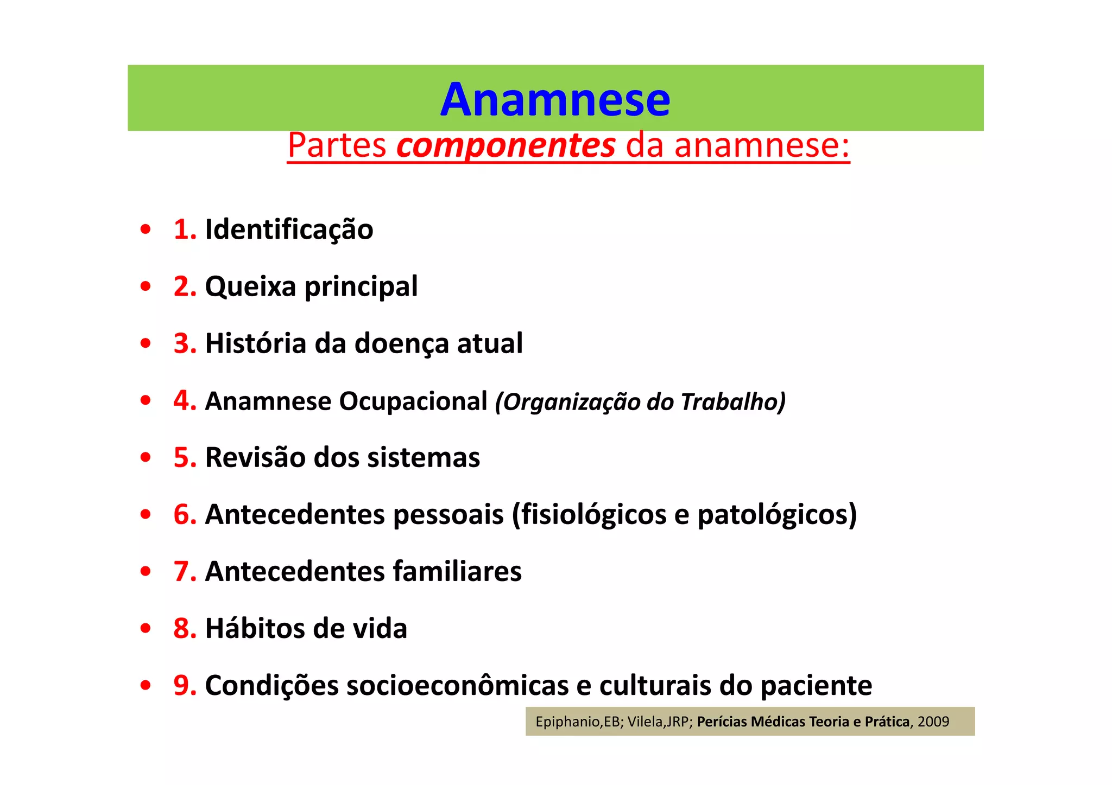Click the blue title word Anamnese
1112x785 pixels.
coord(555,100)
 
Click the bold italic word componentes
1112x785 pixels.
coord(506,145)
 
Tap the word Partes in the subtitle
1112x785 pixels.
coord(337,145)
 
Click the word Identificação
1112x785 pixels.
coord(289,229)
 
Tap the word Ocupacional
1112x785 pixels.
coord(413,401)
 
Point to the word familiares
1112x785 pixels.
coord(457,571)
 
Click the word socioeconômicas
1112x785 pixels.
coord(457,686)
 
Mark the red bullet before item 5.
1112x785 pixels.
coord(145,458)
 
